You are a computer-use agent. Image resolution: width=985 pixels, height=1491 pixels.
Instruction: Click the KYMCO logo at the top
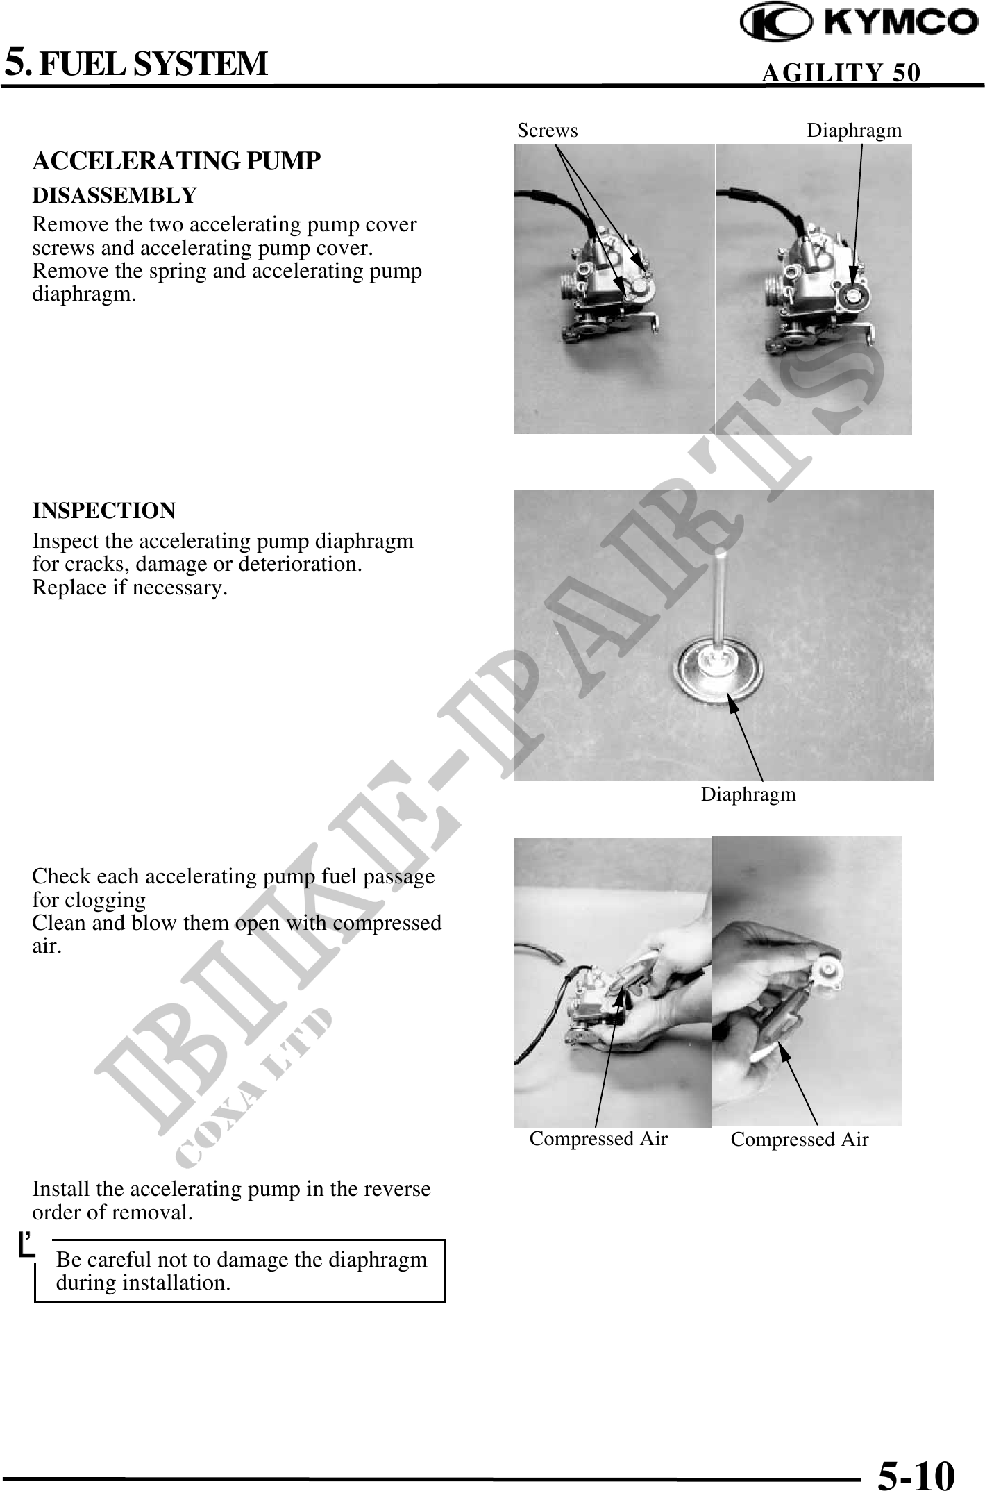click(x=859, y=24)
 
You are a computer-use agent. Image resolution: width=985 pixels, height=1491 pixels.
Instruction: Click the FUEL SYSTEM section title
click(x=152, y=63)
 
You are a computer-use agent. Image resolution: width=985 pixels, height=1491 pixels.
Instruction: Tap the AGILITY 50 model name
click(x=841, y=72)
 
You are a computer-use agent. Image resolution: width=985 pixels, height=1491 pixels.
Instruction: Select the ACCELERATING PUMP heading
click(x=176, y=161)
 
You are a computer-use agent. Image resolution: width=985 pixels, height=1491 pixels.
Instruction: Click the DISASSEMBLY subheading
click(x=115, y=195)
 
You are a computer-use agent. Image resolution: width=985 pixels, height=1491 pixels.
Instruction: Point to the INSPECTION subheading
click(x=104, y=511)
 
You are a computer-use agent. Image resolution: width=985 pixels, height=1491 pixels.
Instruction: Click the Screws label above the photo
click(x=548, y=131)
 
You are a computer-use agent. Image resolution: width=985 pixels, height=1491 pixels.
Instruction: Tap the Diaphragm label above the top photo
click(x=854, y=131)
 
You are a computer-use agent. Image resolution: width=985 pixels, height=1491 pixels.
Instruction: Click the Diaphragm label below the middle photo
click(x=748, y=794)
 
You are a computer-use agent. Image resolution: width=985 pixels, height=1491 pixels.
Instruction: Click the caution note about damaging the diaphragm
click(x=241, y=1270)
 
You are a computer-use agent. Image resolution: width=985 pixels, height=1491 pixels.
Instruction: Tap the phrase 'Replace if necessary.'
click(x=130, y=588)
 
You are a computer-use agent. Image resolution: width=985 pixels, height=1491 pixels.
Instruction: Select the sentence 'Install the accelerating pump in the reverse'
click(x=231, y=1189)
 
